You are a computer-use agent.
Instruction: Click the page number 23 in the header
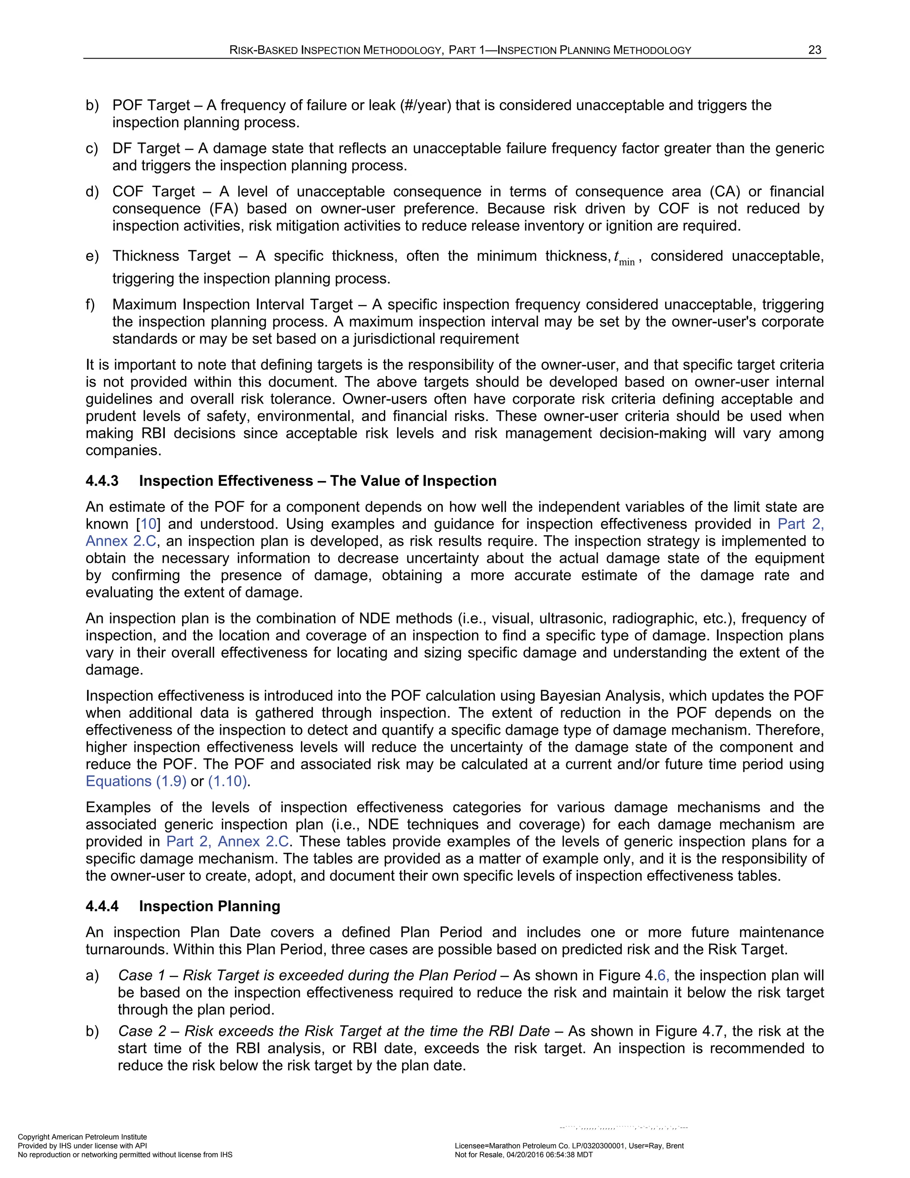(x=814, y=50)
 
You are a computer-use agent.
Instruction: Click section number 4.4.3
(x=102, y=481)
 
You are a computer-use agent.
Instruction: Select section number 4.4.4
(x=102, y=906)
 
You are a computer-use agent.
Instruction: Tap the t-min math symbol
(x=624, y=258)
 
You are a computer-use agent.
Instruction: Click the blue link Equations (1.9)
(x=136, y=781)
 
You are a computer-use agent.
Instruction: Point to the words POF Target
(x=151, y=105)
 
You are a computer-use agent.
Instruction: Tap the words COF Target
(x=154, y=192)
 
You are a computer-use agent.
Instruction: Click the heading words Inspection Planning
(x=209, y=906)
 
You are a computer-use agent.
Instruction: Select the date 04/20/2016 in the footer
(x=526, y=1155)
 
